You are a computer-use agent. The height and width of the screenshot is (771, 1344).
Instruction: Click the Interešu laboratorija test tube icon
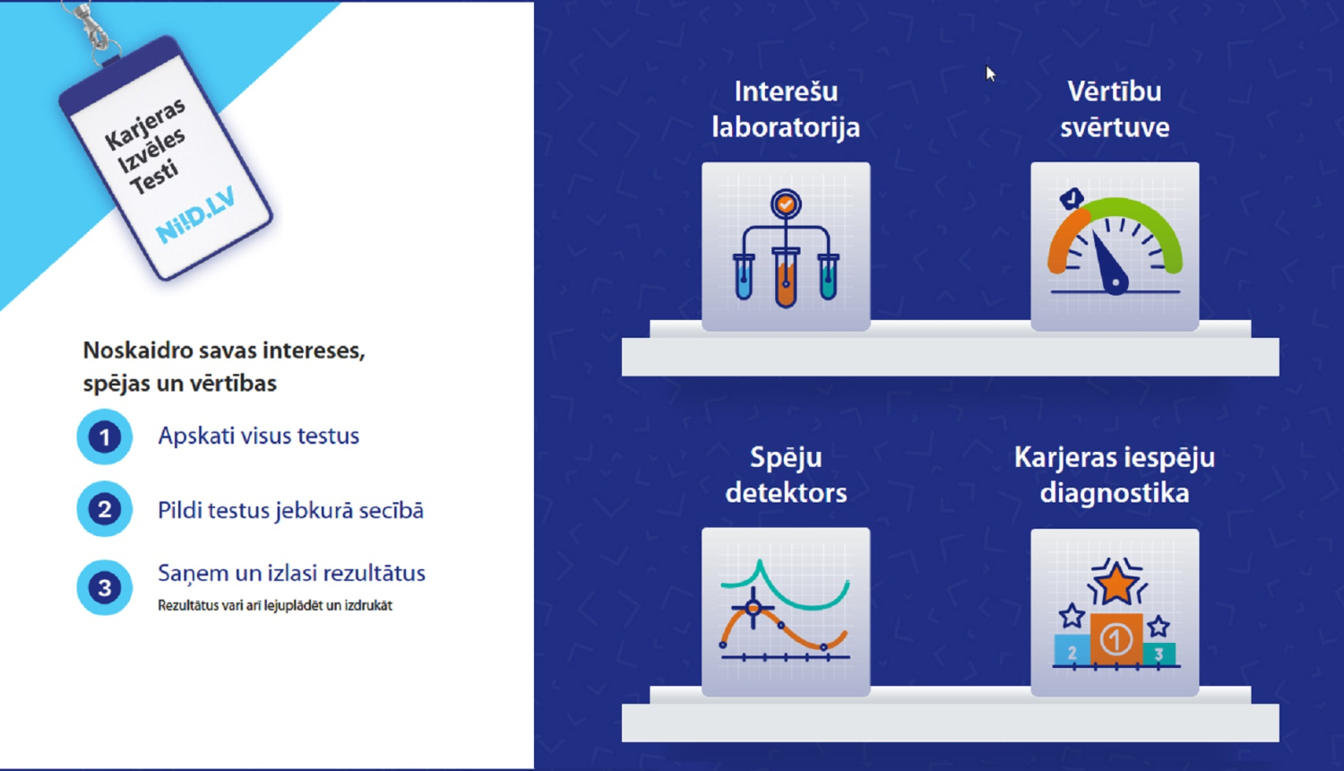786,247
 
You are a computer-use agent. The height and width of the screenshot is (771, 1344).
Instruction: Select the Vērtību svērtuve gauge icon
1115,247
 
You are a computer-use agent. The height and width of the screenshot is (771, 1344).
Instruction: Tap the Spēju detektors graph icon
786,612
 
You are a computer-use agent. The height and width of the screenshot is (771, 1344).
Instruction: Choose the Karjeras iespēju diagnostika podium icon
1115,612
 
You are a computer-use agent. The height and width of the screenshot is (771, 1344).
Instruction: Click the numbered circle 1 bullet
105,437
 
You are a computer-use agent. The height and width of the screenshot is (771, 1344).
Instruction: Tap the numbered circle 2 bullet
105,509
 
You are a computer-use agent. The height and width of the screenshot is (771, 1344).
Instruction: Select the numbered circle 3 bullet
105,587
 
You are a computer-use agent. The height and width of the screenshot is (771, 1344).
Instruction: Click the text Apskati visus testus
259,436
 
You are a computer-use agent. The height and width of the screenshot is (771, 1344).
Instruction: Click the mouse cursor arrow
990,74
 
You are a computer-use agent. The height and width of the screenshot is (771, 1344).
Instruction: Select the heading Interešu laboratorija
786,109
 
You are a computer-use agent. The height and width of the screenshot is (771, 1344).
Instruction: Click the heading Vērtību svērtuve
1115,109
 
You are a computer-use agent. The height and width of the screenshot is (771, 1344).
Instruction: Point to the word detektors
786,493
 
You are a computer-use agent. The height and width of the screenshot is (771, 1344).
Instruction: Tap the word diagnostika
1115,493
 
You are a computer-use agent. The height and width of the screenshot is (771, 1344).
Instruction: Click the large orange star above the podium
1116,583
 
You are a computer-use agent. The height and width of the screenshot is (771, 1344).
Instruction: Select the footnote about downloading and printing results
275,605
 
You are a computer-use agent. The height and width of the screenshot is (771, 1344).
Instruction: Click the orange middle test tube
786,278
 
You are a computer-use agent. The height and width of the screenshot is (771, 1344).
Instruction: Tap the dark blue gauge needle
1110,264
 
